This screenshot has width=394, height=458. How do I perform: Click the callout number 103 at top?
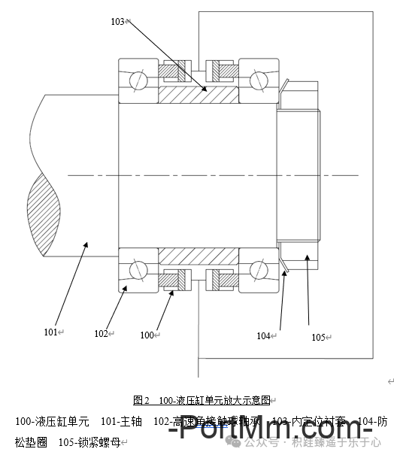[117, 22]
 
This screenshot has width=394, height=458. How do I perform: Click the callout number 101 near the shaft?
[50, 332]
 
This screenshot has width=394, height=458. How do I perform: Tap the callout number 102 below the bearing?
[102, 333]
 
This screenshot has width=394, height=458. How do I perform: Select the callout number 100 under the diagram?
[147, 335]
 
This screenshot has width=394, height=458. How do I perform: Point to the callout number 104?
[263, 336]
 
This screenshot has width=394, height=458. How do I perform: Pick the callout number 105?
[318, 338]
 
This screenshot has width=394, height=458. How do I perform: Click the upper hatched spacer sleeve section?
[199, 95]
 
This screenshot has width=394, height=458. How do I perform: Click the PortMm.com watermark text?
[271, 432]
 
